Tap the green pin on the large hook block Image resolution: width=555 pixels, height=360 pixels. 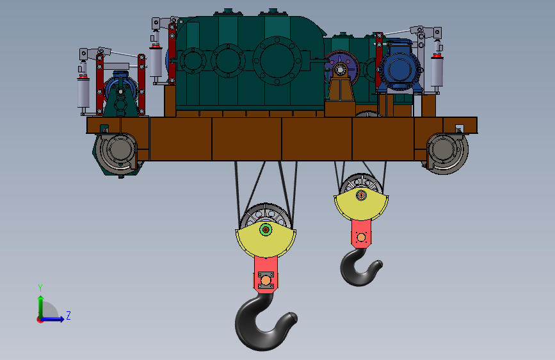point(266,229)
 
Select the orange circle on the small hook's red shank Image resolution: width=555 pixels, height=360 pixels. point(361,238)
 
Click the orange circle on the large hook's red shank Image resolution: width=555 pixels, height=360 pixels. point(266,281)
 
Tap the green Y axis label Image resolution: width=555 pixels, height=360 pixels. point(40,288)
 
